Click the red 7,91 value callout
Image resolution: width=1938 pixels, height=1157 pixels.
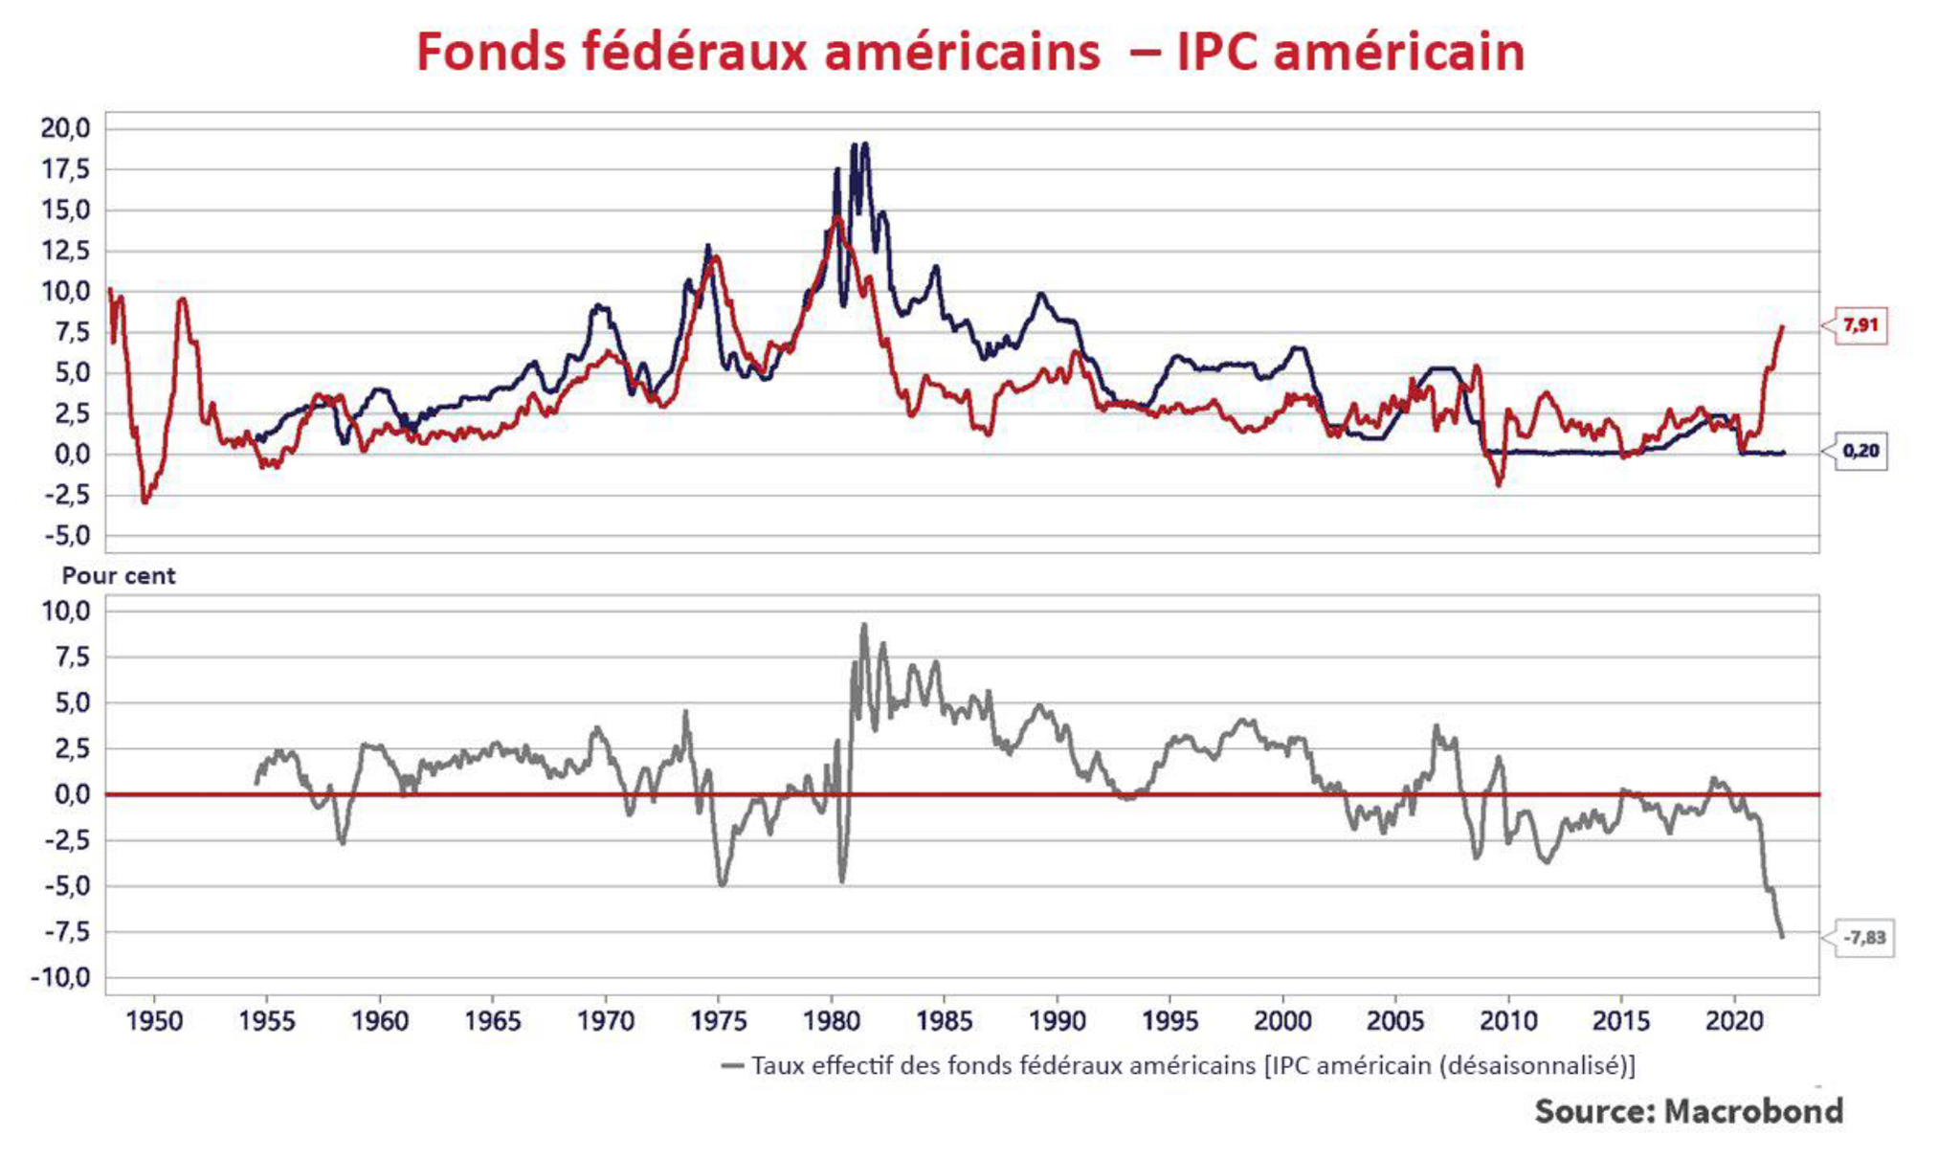(1860, 325)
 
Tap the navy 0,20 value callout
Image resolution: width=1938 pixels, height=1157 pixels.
(1860, 451)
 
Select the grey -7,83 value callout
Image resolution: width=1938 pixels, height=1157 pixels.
(1863, 938)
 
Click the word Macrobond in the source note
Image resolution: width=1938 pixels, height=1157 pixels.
(1753, 1111)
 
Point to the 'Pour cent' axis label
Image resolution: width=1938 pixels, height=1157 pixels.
(119, 576)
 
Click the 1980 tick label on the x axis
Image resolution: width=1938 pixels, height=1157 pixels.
(832, 1021)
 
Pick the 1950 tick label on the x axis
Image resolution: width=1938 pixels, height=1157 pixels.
(154, 1021)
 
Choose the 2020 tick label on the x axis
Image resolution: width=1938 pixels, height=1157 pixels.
(1734, 1021)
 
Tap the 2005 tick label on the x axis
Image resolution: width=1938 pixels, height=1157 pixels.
(1395, 1021)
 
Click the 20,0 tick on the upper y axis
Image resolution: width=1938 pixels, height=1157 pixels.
(65, 128)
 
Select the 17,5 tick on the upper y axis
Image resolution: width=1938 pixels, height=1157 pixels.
(65, 169)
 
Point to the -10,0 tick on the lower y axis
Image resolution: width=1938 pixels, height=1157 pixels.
(60, 978)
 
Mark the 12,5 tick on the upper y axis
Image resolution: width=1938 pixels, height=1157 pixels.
(65, 251)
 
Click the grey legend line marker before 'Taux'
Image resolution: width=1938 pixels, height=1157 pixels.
(733, 1065)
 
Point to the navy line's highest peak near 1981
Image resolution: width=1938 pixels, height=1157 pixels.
(865, 145)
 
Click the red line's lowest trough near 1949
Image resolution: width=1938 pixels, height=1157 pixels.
(145, 501)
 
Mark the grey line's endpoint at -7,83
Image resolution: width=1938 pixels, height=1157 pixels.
(1782, 936)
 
